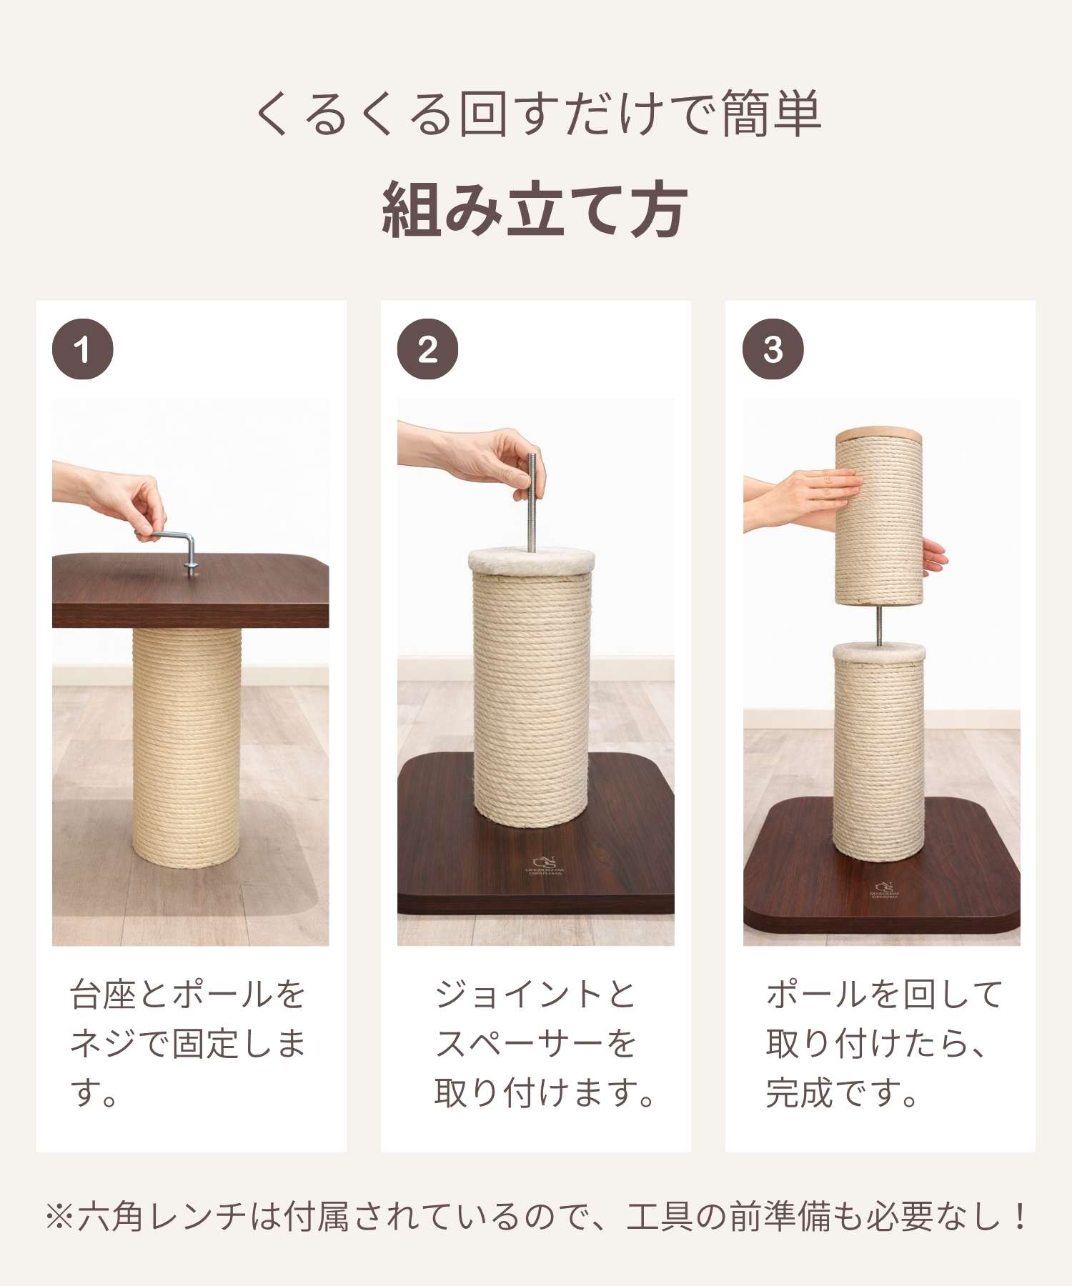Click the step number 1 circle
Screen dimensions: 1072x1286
(x=83, y=349)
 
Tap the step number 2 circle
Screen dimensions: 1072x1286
(x=427, y=349)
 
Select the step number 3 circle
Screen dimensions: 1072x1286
(x=773, y=349)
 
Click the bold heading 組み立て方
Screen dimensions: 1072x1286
(x=535, y=209)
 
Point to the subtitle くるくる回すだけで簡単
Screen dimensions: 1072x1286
(x=537, y=114)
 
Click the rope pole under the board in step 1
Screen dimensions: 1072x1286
(x=186, y=747)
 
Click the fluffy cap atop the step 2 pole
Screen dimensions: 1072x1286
(x=531, y=559)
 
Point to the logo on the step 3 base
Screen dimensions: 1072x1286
(x=885, y=889)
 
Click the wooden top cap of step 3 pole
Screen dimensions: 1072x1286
(x=879, y=433)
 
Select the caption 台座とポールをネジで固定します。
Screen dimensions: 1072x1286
(x=188, y=1044)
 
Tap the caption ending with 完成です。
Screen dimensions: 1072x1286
(x=885, y=1044)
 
